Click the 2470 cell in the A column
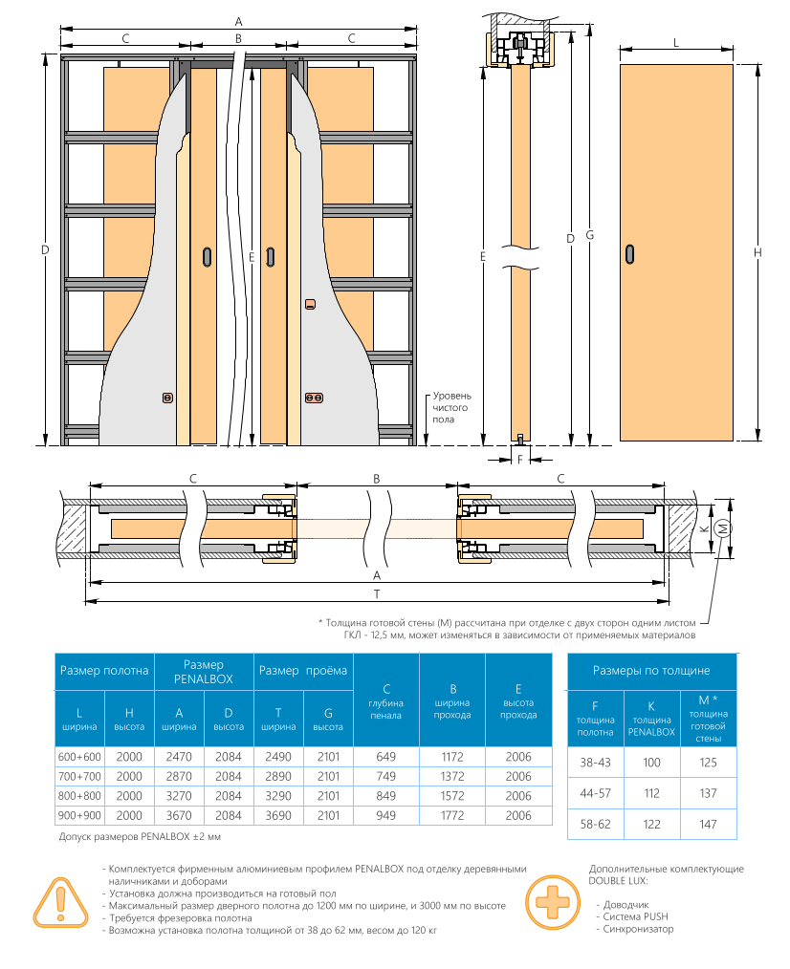click(179, 757)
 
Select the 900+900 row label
click(79, 815)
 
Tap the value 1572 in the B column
click(452, 796)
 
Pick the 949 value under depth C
click(385, 815)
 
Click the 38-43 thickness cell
click(595, 763)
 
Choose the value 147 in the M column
click(709, 825)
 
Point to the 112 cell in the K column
click(652, 793)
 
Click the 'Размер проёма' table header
click(303, 671)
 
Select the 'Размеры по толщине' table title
click(651, 671)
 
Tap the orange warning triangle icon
click(60, 902)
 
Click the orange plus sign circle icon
click(553, 902)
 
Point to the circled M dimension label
click(722, 528)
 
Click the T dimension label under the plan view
click(377, 594)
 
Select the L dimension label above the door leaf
click(676, 43)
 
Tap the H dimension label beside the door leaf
click(757, 252)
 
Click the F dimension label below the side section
click(519, 459)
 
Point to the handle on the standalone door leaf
click(629, 254)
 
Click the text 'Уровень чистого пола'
click(451, 407)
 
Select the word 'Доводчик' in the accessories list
click(626, 905)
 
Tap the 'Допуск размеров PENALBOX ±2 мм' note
click(140, 837)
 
